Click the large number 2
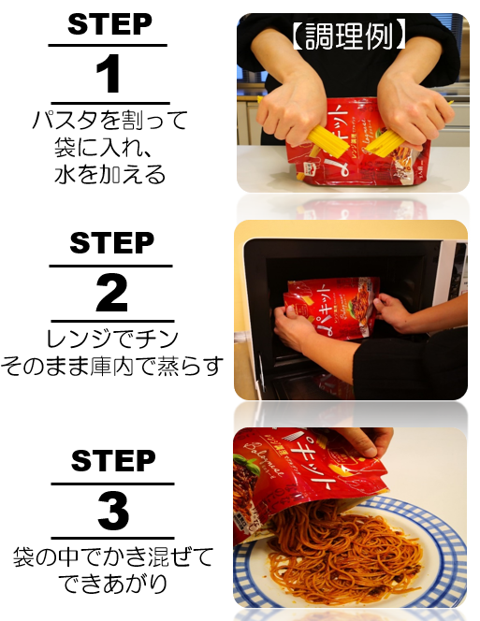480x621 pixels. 111,295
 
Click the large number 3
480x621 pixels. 112,513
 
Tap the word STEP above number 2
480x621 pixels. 111,243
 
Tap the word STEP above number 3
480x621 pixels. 112,461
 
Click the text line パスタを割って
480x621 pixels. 110,121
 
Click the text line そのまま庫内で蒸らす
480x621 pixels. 112,366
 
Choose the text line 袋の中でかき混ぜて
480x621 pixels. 112,558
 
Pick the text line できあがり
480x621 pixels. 112,585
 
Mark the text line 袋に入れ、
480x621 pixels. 110,147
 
